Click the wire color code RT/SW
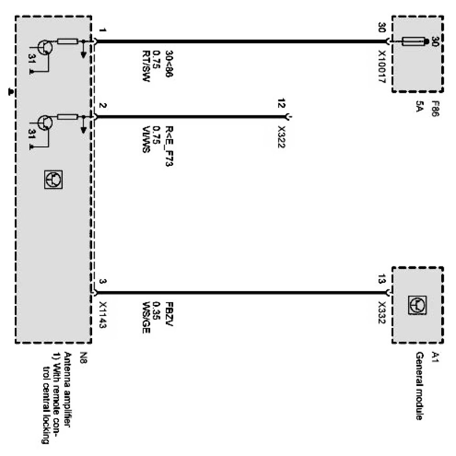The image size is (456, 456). [x=146, y=68]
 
